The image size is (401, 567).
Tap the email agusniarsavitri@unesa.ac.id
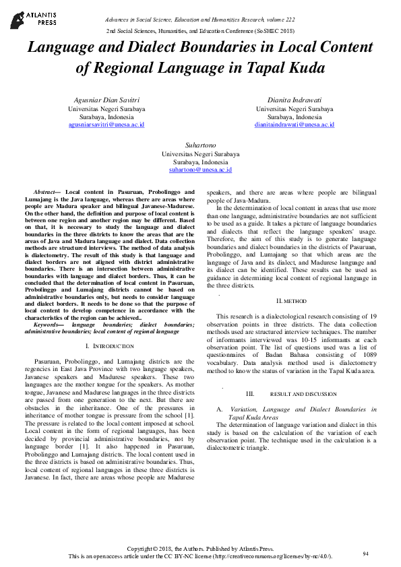tap(106, 125)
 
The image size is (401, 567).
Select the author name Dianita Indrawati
tap(295, 100)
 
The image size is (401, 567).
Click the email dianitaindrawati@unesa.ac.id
tap(295, 125)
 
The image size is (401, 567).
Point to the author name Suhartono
tap(200, 145)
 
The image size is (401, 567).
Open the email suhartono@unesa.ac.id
tap(200, 171)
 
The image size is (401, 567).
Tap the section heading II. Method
tap(292, 300)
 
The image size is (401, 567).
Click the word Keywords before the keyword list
tap(47, 325)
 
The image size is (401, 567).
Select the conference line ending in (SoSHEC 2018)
tap(200, 32)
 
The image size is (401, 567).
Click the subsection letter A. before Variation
tap(219, 409)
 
